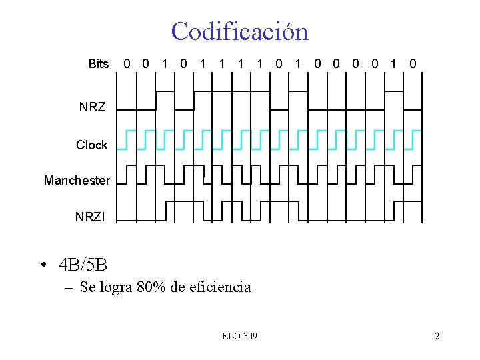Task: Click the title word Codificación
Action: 239,31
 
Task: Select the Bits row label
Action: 98,64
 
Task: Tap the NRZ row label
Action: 92,107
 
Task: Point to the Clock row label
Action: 91,145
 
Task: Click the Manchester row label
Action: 77,180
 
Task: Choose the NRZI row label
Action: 89,217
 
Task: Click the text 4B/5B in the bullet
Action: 83,265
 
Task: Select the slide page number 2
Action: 437,336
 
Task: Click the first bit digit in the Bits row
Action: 127,64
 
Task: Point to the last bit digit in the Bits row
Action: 413,64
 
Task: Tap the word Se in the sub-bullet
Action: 87,287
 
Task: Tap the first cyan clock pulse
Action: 130,139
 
